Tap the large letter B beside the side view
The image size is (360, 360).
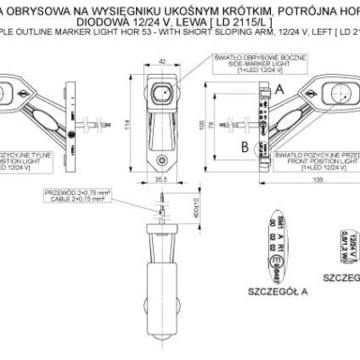point(244,144)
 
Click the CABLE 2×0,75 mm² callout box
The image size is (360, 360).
point(85,197)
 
